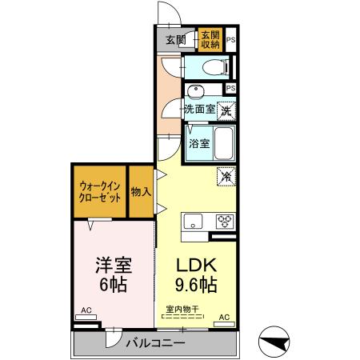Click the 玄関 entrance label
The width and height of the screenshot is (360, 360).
click(x=175, y=40)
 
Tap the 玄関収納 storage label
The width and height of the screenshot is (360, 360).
click(x=210, y=40)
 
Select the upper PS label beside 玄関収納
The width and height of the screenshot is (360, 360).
click(x=230, y=40)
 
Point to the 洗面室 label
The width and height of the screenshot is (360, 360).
click(x=199, y=109)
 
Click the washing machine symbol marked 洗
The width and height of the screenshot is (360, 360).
click(x=226, y=109)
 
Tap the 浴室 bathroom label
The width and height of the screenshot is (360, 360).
click(x=199, y=144)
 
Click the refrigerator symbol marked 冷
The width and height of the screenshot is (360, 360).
click(x=227, y=176)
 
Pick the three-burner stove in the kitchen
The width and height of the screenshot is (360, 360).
click(x=223, y=222)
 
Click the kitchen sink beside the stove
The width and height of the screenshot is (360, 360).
click(x=194, y=222)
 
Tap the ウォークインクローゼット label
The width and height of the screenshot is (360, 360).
click(x=101, y=193)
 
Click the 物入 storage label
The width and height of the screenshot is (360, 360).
click(x=141, y=191)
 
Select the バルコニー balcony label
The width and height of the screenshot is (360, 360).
click(x=156, y=342)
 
